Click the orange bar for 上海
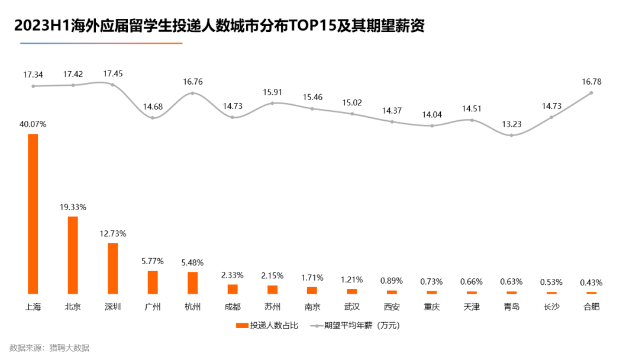(33, 214)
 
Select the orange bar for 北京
(73, 255)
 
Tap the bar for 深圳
(112, 268)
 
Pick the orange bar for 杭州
(192, 282)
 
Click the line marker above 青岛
(511, 136)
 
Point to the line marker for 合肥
(591, 93)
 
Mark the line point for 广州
(153, 118)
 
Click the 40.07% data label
(33, 124)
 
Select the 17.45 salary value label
(113, 74)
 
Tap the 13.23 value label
(511, 124)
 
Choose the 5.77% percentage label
(153, 261)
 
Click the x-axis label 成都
(233, 307)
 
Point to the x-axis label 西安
(392, 307)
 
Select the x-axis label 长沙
(551, 307)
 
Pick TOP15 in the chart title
(315, 27)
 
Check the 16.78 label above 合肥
(591, 82)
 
